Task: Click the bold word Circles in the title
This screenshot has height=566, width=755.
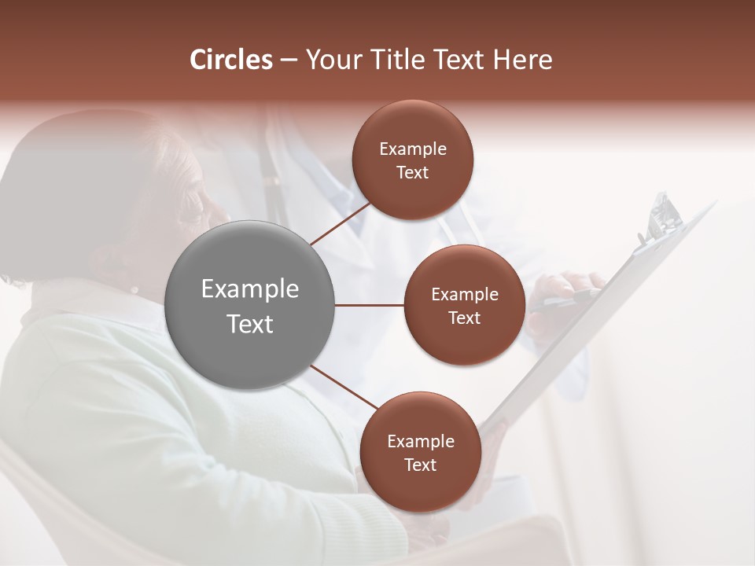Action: pos(230,60)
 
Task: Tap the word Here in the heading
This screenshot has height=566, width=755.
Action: pos(522,60)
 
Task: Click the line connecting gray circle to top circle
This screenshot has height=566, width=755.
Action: pos(342,222)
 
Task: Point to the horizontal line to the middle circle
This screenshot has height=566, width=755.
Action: pos(370,305)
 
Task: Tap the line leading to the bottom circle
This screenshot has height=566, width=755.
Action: pos(346,388)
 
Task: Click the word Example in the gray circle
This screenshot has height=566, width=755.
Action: pos(250,289)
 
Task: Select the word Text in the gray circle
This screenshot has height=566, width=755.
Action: pos(250,324)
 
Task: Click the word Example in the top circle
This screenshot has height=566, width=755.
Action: pos(413,149)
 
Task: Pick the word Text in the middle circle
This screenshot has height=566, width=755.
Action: pos(464,318)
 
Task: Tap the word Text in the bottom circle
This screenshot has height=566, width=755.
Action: pos(420,465)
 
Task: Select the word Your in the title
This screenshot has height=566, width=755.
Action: pos(330,60)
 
